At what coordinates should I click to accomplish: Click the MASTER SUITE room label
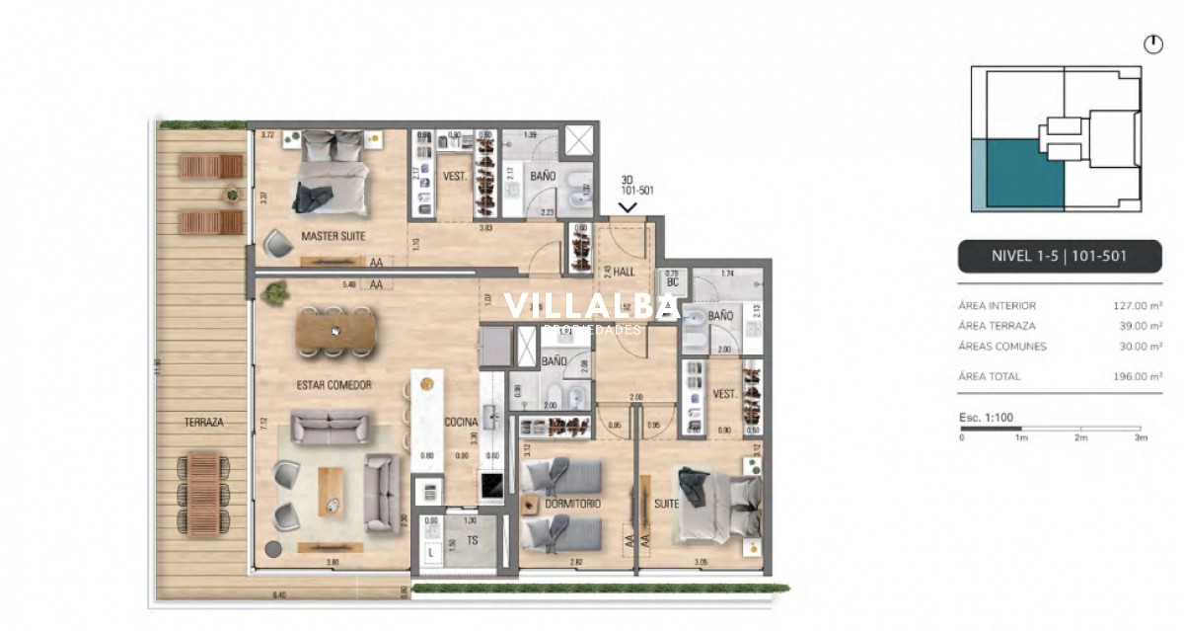(x=333, y=237)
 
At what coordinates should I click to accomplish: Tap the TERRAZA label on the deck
(x=203, y=422)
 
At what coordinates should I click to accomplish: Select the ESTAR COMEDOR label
(x=333, y=385)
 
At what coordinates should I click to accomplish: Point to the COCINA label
(x=461, y=422)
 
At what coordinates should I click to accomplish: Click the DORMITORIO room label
(x=572, y=504)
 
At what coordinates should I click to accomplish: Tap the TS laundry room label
(x=473, y=540)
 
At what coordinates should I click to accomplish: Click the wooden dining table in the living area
(x=335, y=331)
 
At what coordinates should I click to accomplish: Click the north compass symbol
(x=1152, y=44)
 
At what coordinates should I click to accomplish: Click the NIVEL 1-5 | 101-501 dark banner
(x=1060, y=257)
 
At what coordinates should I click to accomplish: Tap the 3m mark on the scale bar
(x=1141, y=437)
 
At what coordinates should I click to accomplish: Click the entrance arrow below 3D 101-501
(x=627, y=207)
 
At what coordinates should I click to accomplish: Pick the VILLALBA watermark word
(x=592, y=306)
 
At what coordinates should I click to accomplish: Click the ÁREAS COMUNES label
(x=1001, y=347)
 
